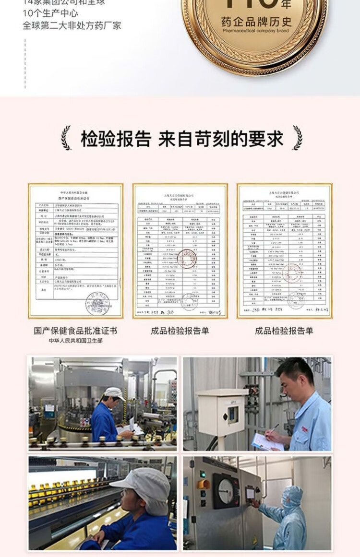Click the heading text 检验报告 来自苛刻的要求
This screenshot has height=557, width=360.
coord(182,139)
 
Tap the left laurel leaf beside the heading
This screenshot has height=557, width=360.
coord(66,138)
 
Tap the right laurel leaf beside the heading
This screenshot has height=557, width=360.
coord(298,138)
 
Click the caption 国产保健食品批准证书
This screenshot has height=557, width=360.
coord(75,331)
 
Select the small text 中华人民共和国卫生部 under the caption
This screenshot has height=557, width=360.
coord(75,341)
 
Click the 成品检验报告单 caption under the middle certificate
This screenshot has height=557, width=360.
coord(180,331)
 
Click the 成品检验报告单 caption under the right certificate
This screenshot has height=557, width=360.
coord(284,331)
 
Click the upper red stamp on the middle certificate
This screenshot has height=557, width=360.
coord(187,259)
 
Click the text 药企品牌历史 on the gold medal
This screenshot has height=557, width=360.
coord(256,22)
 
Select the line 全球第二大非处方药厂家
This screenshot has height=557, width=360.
coord(72,25)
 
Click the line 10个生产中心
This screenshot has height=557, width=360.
coord(50,13)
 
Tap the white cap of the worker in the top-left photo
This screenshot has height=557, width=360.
coord(114,393)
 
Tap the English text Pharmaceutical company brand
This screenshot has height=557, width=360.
coord(256,31)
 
